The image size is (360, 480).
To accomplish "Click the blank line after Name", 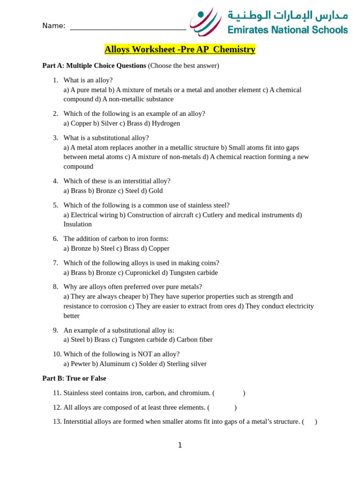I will coord(128,27).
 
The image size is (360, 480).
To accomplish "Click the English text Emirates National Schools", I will coord(287,30).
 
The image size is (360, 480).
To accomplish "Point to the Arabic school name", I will coord(288,15).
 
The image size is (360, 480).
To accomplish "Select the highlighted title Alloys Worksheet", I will coord(180,50).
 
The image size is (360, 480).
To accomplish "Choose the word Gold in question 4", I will coord(156,191).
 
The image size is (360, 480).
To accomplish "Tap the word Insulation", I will coord(78,224).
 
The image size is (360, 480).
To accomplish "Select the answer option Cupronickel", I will coord(142,272).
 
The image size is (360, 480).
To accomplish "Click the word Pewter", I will coord(80,364).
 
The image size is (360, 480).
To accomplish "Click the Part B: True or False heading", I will coord(74,378).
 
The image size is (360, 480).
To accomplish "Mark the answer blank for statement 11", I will coord(229,393).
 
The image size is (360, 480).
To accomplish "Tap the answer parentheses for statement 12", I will coord(222,407).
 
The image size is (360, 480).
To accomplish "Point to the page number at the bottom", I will coord(180,445).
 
